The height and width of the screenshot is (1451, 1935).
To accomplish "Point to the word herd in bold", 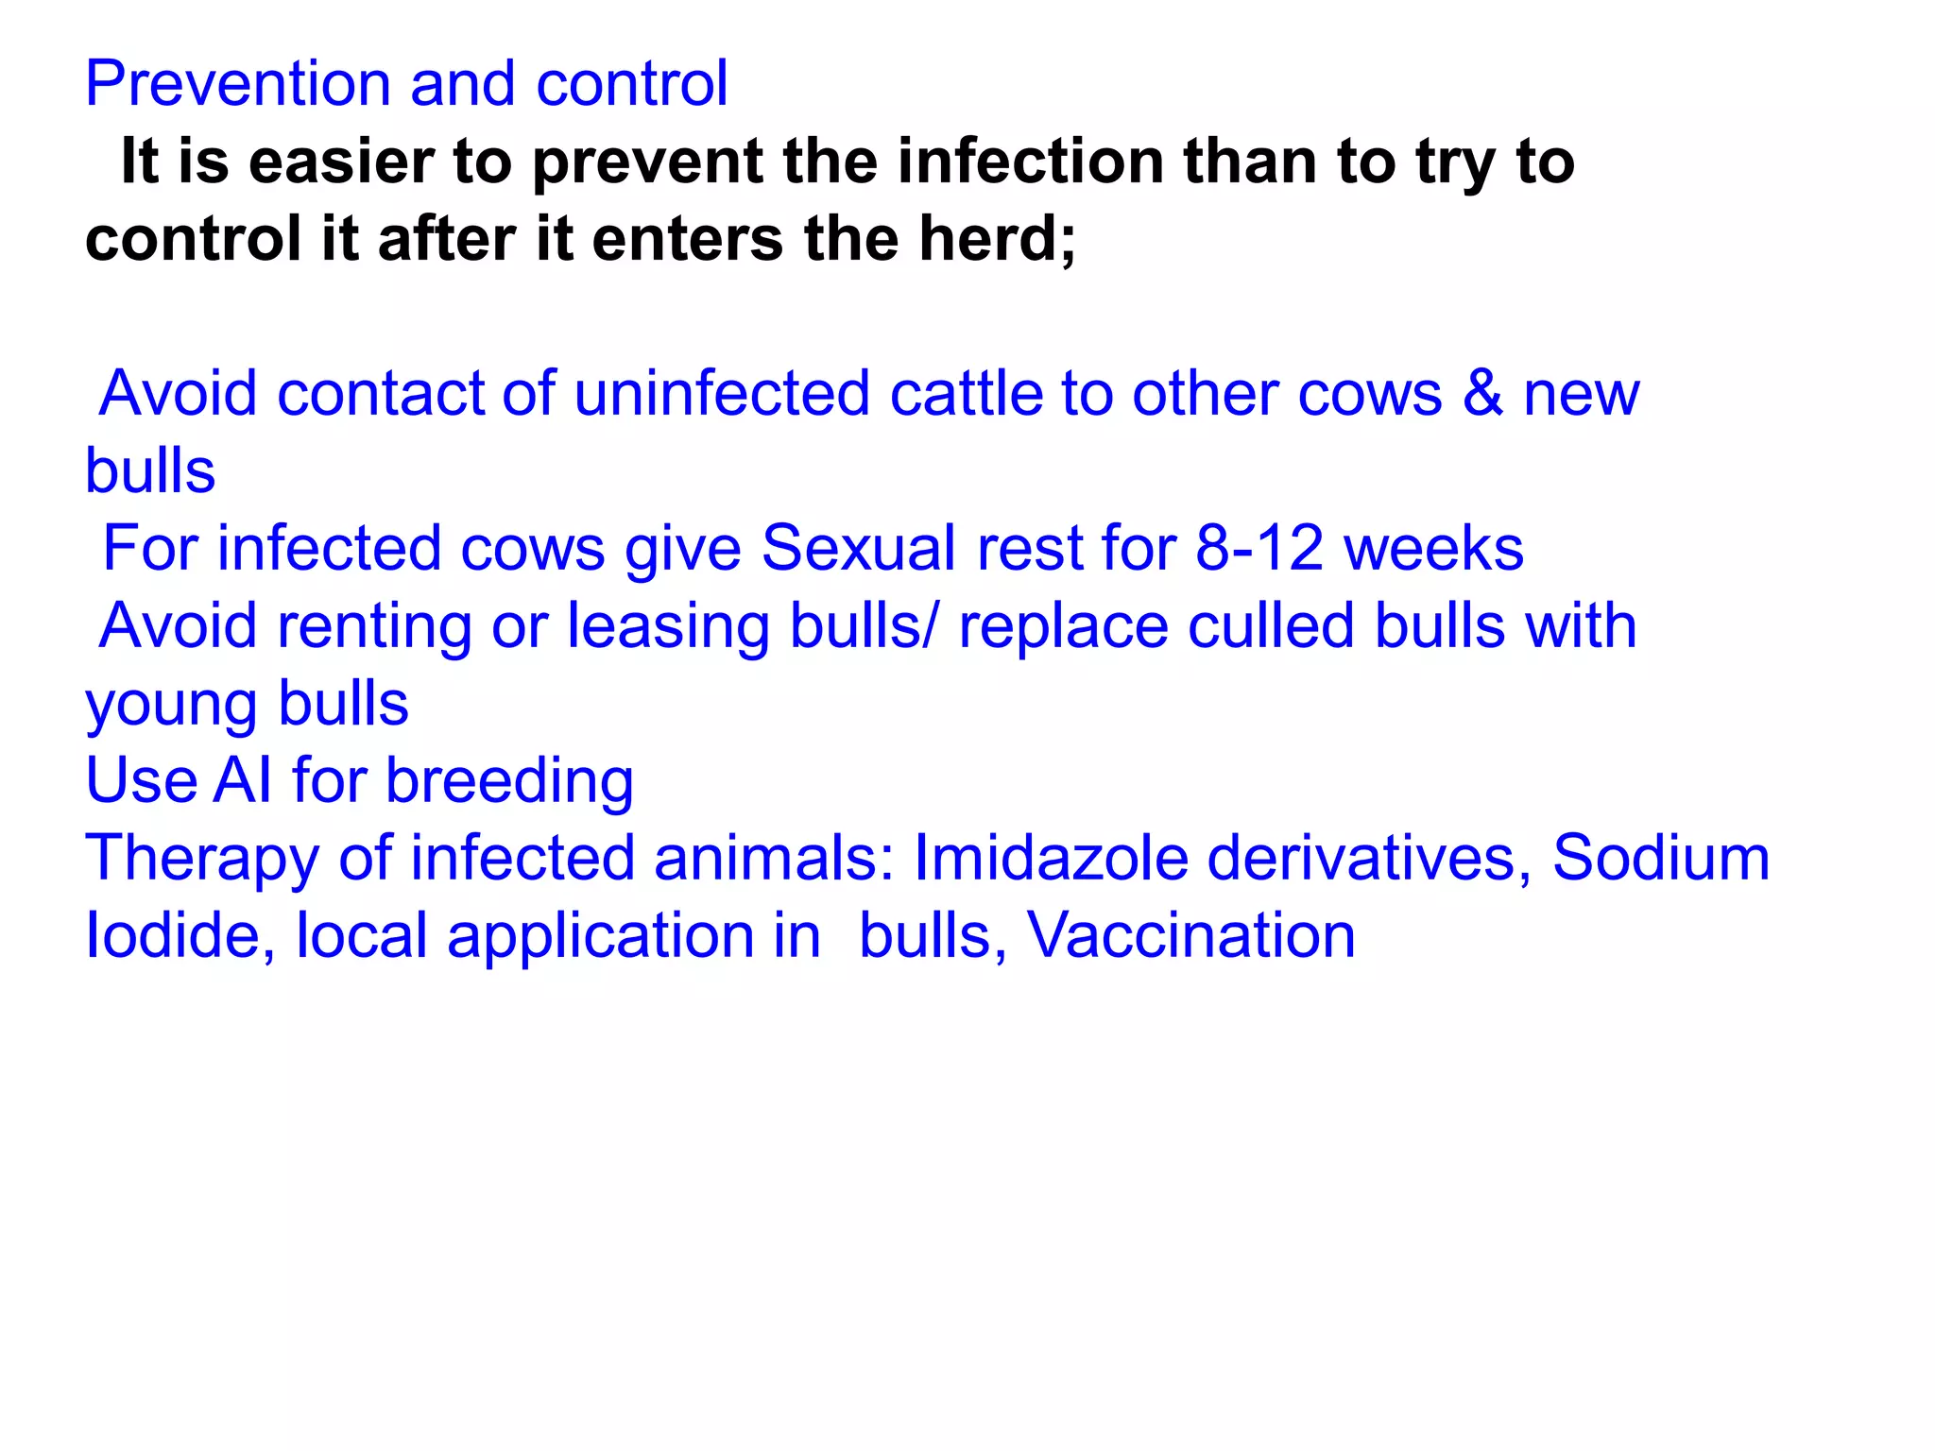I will pyautogui.click(x=994, y=238).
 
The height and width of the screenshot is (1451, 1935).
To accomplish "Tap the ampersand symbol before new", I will pyautogui.click(x=1482, y=393).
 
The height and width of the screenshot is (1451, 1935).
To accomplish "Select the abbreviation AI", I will pyautogui.click(x=244, y=781).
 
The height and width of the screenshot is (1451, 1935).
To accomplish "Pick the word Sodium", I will pyautogui.click(x=1660, y=859).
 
